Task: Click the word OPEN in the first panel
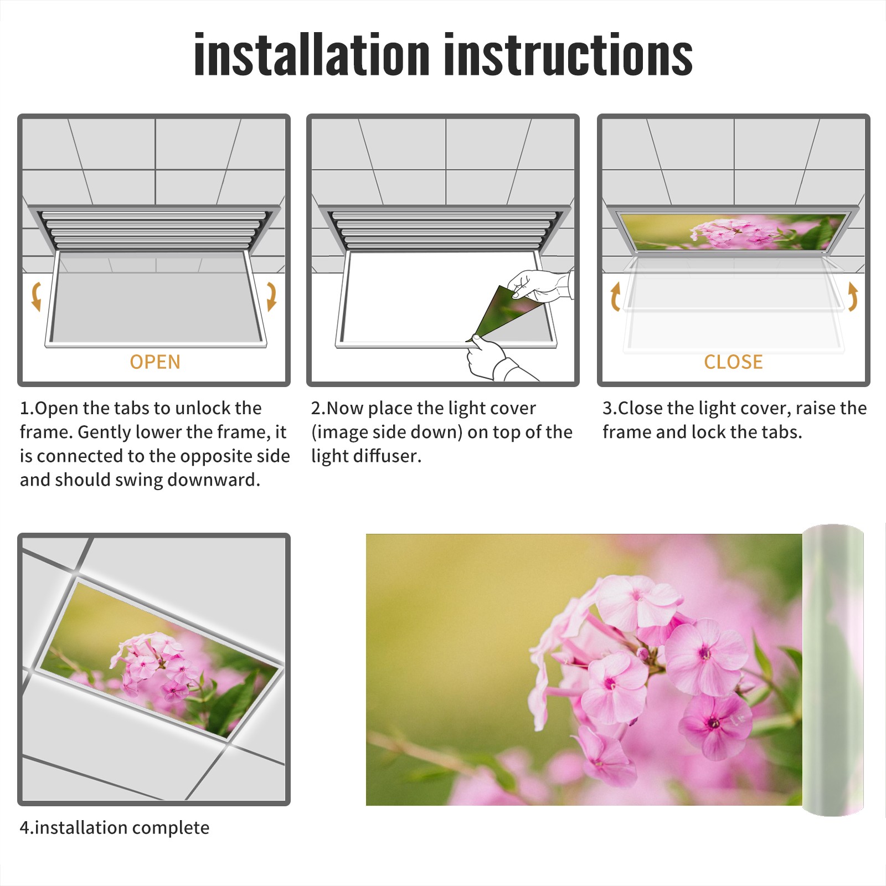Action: pyautogui.click(x=155, y=362)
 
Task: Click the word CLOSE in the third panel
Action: pyautogui.click(x=733, y=362)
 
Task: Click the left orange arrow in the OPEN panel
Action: pyautogui.click(x=36, y=296)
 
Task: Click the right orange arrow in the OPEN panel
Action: pyautogui.click(x=271, y=296)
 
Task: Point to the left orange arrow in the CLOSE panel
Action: pyautogui.click(x=615, y=296)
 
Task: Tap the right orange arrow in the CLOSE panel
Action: pyautogui.click(x=853, y=296)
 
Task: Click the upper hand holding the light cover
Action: pyautogui.click(x=540, y=285)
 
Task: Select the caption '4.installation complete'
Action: pyautogui.click(x=115, y=827)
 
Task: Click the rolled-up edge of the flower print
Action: pyautogui.click(x=833, y=670)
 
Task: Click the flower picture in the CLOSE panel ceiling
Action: pyautogui.click(x=734, y=231)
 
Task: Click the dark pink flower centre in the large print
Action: pyautogui.click(x=714, y=723)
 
